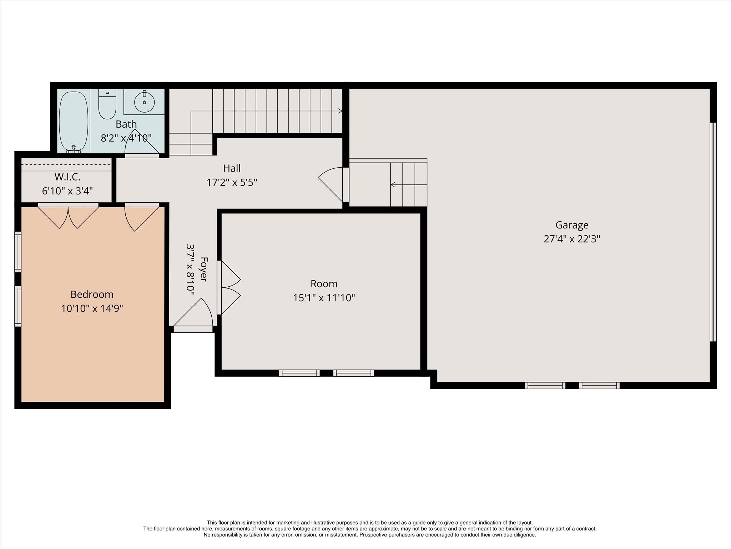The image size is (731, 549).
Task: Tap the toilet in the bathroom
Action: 107,104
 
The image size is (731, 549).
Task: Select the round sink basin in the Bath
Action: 145,102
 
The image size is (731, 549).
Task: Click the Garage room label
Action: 572,225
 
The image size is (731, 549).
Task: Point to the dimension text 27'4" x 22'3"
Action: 572,239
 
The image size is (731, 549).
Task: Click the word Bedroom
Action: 92,295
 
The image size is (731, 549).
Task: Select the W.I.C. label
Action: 67,177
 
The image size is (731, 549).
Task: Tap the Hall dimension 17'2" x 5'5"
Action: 232,182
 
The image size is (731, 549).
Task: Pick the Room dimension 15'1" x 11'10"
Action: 324,298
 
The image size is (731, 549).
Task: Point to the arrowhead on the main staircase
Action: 340,111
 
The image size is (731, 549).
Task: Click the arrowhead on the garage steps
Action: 393,185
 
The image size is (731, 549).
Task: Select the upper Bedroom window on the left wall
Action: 18,252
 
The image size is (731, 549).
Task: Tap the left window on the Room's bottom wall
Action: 299,373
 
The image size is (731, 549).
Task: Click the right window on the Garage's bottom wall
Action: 599,385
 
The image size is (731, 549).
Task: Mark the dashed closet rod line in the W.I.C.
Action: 67,164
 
